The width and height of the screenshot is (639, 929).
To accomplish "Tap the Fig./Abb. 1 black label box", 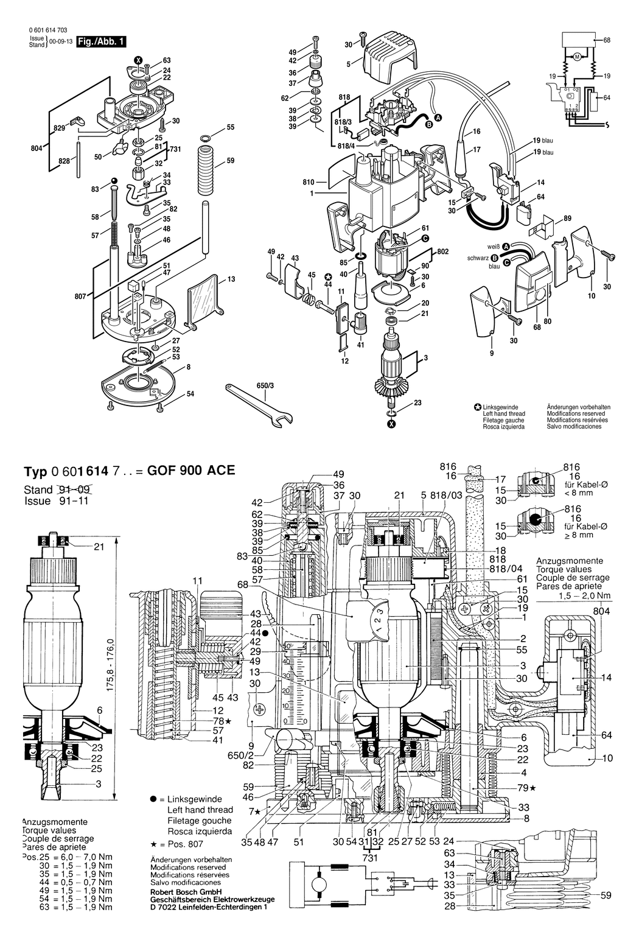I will (x=99, y=42).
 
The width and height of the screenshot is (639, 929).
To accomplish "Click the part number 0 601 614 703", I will (x=48, y=30).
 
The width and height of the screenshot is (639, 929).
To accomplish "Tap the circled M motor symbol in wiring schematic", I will (x=576, y=58).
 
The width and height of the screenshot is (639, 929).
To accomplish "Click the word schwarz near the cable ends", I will (x=478, y=258).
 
